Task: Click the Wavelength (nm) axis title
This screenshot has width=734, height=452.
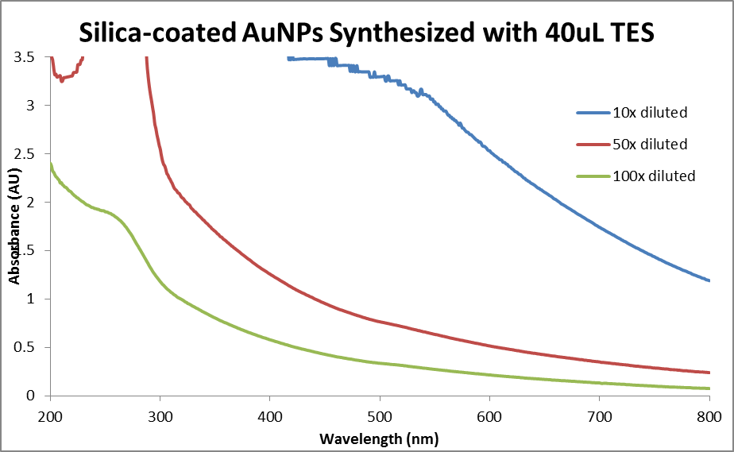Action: pos(378,438)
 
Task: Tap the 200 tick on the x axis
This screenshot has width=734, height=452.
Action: pos(50,416)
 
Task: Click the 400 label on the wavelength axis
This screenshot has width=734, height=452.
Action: pos(270,416)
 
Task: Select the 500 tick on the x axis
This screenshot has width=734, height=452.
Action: pos(380,416)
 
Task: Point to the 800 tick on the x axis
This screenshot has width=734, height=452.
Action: pos(709,416)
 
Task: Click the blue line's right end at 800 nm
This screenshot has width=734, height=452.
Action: pos(709,280)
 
